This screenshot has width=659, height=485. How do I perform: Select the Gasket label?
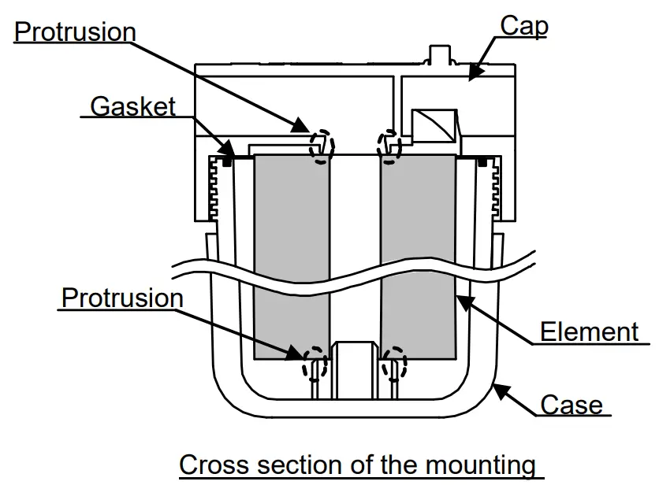pyautogui.click(x=132, y=106)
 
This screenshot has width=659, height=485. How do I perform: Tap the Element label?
pyautogui.click(x=589, y=331)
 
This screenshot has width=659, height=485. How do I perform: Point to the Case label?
pyautogui.click(x=571, y=405)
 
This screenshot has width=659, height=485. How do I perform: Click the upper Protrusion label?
pyautogui.click(x=75, y=31)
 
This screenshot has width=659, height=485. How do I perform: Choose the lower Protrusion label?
pyautogui.click(x=122, y=298)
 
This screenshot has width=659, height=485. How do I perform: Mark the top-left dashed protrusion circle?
pyautogui.click(x=321, y=146)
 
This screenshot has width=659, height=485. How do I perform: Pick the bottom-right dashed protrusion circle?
pyautogui.click(x=393, y=363)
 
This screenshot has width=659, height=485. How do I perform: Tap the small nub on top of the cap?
pyautogui.click(x=437, y=54)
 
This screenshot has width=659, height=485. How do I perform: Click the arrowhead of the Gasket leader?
pyautogui.click(x=229, y=150)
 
